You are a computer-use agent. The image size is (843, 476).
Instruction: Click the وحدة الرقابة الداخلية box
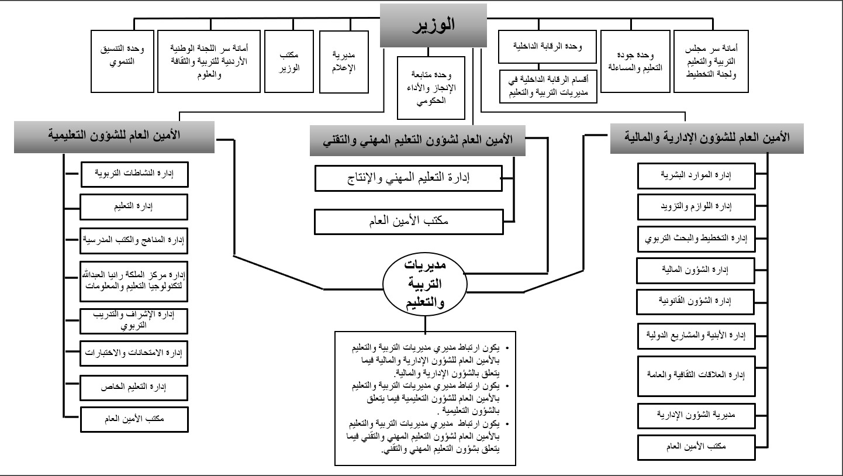point(547,46)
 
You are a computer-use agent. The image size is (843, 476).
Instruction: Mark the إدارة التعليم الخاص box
point(134,387)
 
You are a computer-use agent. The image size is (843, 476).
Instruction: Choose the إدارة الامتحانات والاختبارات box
point(134,354)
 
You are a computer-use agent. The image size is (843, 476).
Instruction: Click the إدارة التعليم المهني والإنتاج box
point(408,178)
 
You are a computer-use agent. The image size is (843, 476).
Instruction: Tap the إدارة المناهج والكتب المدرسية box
point(134,239)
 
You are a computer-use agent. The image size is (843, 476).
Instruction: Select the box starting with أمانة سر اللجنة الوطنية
point(210,61)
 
